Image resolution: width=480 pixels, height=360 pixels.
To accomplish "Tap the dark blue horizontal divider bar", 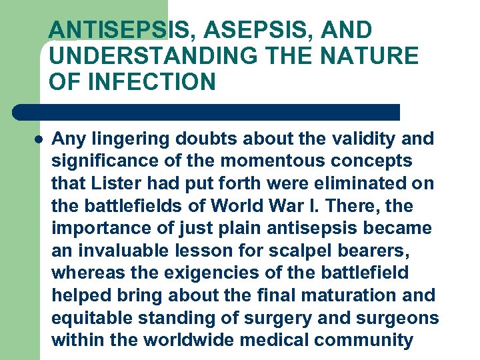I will point(207,112).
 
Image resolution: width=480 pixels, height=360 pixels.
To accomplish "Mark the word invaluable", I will point(116,251).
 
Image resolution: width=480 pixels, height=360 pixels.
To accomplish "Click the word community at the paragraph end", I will point(363,340).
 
